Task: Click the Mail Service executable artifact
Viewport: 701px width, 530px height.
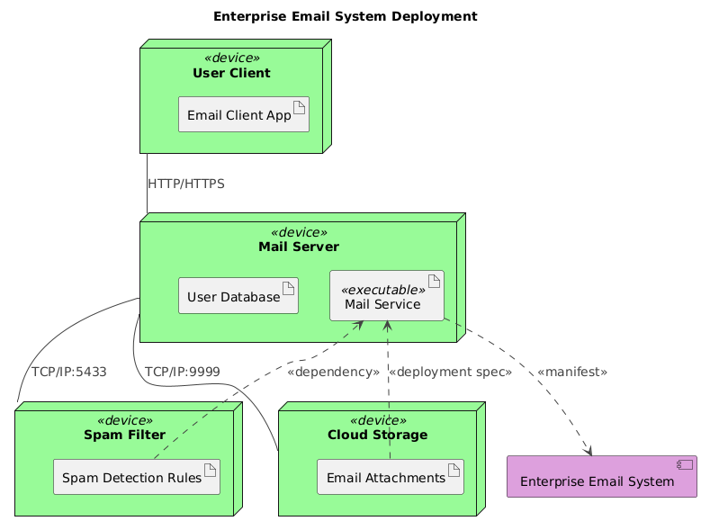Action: point(386,295)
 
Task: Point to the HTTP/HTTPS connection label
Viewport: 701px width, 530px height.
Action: point(185,184)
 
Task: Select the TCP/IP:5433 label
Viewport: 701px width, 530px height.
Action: point(68,371)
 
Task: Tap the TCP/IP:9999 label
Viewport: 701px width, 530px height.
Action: point(182,371)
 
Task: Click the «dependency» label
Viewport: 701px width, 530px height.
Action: point(332,371)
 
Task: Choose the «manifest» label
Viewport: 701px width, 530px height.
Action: point(571,371)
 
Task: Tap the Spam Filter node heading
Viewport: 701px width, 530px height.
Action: point(124,436)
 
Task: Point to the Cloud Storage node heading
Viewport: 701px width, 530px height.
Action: point(377,436)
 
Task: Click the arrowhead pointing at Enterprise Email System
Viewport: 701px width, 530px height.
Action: point(589,451)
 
